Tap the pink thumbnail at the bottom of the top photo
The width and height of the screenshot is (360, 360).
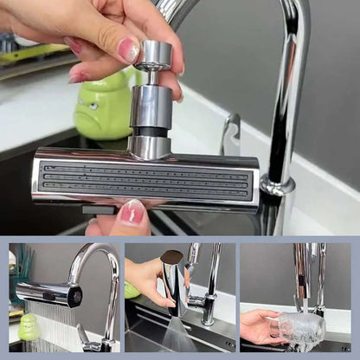(132, 212)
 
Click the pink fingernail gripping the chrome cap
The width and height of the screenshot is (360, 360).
(129, 50)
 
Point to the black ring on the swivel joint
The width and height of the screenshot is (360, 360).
(151, 132)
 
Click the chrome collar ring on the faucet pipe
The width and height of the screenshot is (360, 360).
(277, 185)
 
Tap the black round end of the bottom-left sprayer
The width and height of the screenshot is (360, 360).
(74, 298)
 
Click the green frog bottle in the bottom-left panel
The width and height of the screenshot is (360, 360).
(29, 326)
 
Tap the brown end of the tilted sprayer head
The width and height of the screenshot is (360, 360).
(173, 257)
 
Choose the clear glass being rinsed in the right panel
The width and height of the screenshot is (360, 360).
(299, 330)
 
